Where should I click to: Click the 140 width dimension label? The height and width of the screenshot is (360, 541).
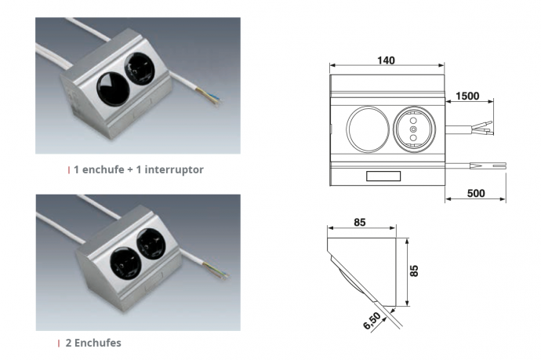[385, 60]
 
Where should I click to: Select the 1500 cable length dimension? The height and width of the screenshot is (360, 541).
[468, 96]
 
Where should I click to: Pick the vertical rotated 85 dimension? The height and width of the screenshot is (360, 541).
[414, 270]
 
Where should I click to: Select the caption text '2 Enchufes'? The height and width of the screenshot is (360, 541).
[94, 343]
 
